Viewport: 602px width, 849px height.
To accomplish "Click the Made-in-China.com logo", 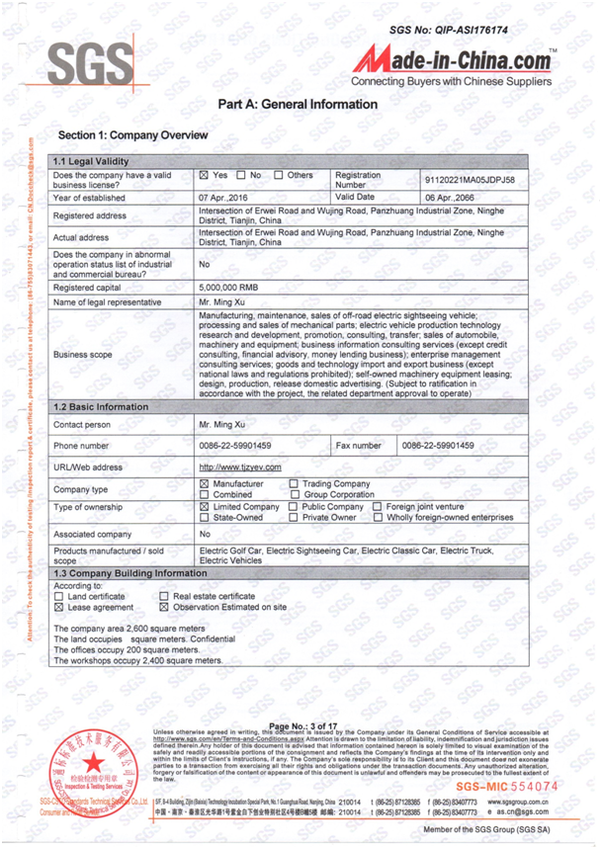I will coord(456,59).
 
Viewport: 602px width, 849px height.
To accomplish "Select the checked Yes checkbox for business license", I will coord(204,176).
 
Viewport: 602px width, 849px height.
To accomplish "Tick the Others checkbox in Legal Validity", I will coord(278,176).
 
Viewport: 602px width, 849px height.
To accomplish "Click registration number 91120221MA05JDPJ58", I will coord(470,181).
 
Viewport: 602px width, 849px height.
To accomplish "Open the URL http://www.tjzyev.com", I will coord(240,467).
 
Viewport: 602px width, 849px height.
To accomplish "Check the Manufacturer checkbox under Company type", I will coord(205,483).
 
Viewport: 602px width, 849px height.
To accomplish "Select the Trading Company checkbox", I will coord(294,483).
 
